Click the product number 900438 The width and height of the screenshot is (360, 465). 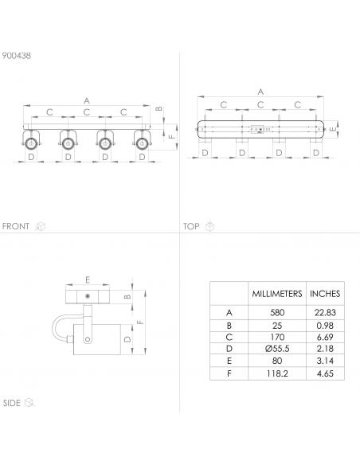point(16,56)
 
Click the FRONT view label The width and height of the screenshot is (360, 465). point(16,226)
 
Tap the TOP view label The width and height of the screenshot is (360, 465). point(191,226)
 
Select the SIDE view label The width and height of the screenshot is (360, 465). point(12,403)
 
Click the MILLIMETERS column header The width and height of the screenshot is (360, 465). point(277,294)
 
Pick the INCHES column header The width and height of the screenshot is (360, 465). point(325,294)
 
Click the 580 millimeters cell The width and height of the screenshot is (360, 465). point(277,312)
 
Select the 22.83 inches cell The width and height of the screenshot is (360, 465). point(325,312)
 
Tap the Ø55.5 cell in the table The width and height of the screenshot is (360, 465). point(277,349)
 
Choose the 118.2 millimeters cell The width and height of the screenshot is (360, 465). point(277,373)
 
